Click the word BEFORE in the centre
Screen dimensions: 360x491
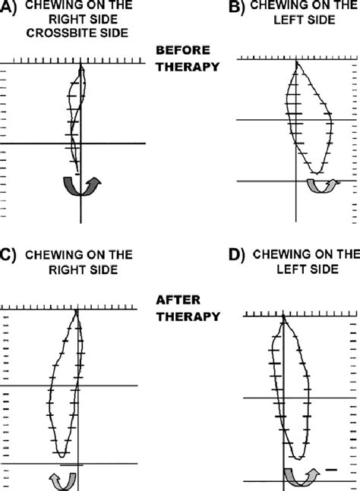tap(183, 50)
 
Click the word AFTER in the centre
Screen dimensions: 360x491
tap(178, 300)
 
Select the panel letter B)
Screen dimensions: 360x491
tap(236, 6)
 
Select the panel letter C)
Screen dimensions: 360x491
tap(7, 255)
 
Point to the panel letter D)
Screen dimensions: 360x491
tap(236, 255)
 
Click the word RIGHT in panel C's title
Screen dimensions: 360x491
tap(65, 269)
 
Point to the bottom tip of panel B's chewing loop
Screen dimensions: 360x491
tap(317, 173)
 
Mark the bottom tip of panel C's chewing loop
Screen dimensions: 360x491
tap(62, 457)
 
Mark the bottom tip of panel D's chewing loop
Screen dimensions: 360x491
tap(299, 459)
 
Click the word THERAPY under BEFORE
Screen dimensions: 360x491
tap(188, 67)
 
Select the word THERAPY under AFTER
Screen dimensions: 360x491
tap(188, 316)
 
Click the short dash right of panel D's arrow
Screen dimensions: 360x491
tap(331, 470)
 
